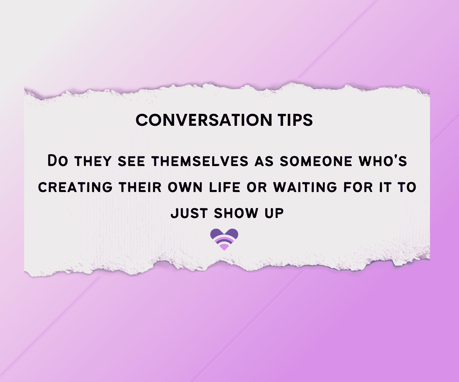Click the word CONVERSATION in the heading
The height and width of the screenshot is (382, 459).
point(204,120)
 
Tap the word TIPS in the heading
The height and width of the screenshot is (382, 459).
point(296,120)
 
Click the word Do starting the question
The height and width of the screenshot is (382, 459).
point(58,161)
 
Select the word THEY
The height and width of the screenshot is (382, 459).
point(93,161)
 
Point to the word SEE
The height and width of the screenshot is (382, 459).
point(131,161)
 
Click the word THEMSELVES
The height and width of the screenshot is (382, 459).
point(200,161)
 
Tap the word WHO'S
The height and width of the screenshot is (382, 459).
point(383,161)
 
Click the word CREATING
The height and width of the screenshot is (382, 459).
point(75,187)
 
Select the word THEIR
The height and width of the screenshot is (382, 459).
point(140,187)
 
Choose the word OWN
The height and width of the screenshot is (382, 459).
point(185,187)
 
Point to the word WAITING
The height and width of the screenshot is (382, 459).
point(305,187)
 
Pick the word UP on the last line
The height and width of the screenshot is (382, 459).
point(274,213)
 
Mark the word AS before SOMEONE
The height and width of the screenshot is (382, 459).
point(264,161)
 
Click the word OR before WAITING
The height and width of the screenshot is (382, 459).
point(257,187)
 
